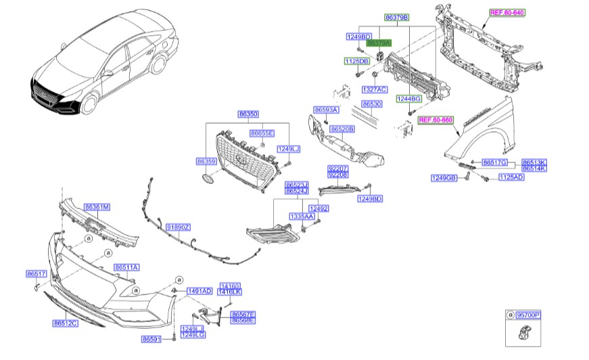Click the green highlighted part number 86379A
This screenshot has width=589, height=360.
379,43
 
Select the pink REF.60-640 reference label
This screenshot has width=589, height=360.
507,13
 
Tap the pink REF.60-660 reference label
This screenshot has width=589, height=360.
435,120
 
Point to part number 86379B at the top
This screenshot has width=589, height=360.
397,16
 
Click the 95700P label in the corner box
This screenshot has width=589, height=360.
528,315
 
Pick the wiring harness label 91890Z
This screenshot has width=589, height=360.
179,227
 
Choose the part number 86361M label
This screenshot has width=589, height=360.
97,206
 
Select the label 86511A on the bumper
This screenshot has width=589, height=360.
126,267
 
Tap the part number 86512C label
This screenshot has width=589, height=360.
66,323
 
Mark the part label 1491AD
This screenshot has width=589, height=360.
199,291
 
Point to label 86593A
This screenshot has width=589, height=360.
326,110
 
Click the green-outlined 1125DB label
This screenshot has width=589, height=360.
356,62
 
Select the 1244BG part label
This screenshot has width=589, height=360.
409,99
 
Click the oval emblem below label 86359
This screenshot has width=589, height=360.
206,178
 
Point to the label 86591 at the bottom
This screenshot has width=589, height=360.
151,338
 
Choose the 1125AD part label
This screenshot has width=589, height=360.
511,177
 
